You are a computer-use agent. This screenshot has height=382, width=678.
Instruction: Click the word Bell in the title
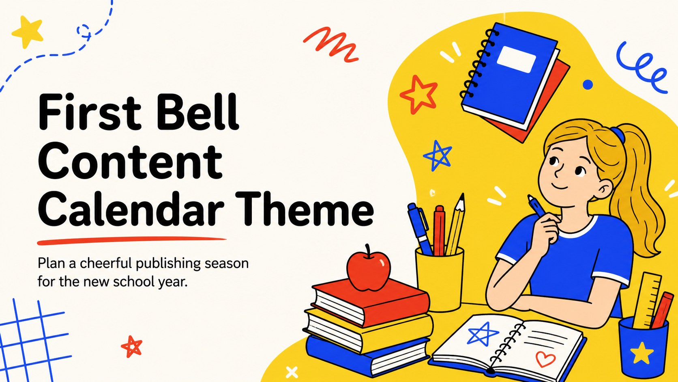click(x=198, y=112)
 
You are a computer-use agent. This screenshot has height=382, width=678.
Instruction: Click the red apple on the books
click(x=368, y=268)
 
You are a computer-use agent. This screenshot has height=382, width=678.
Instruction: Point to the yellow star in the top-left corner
click(x=28, y=31)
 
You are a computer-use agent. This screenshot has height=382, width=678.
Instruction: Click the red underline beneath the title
click(x=131, y=241)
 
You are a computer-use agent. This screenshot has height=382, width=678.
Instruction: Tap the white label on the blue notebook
click(x=516, y=59)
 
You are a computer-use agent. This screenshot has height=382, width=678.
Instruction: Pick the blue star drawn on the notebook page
click(x=482, y=334)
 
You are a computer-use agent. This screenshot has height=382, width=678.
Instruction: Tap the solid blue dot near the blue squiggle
click(x=588, y=84)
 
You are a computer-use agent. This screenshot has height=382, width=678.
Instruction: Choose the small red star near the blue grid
click(x=132, y=347)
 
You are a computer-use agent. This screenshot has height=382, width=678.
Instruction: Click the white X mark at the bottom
click(x=292, y=372)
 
